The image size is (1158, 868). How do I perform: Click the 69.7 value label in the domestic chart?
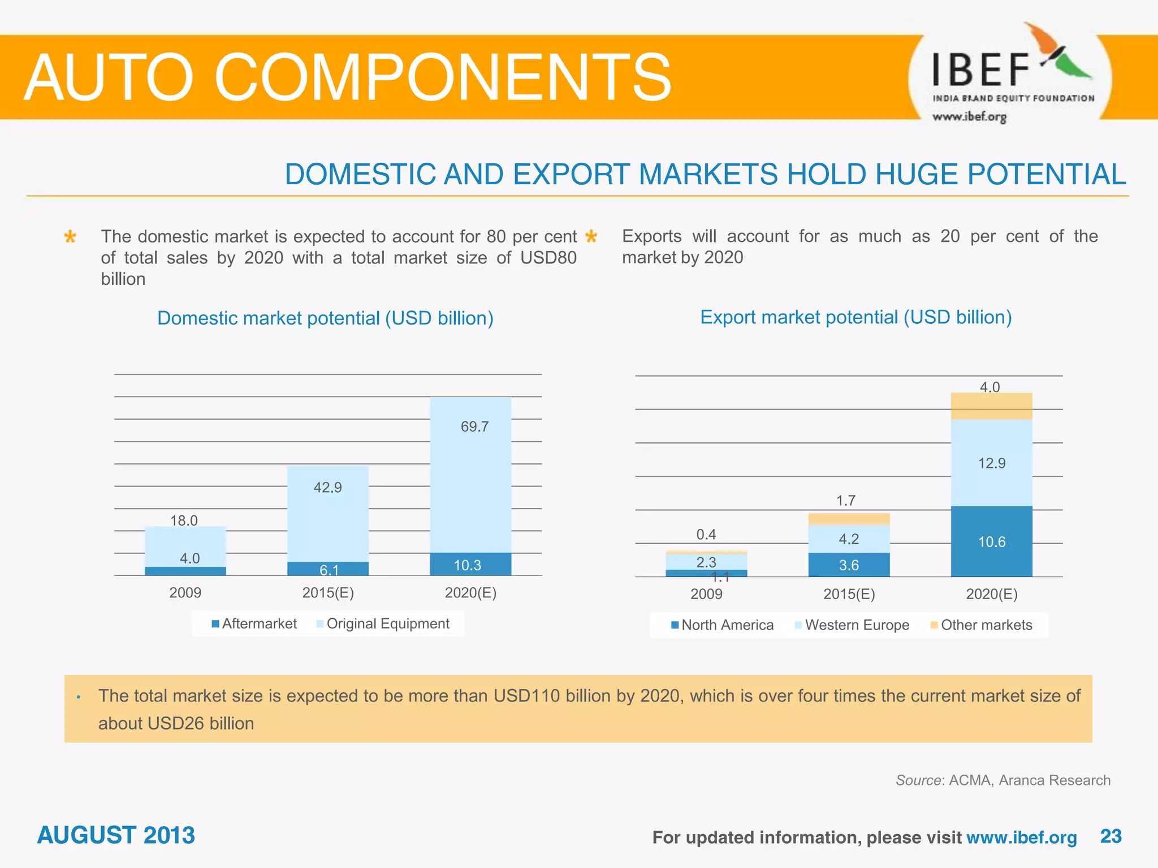[x=474, y=427]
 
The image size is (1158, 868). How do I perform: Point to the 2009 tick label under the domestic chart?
[x=185, y=593]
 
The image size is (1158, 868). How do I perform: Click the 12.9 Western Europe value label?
[x=991, y=463]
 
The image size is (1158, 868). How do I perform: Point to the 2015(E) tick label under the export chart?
[x=849, y=594]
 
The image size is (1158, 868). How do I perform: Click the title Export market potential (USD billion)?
[x=855, y=317]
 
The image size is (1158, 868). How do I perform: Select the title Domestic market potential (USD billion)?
[x=325, y=318]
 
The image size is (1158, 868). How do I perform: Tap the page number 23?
[x=1111, y=836]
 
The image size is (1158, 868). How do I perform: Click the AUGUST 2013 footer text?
[x=116, y=835]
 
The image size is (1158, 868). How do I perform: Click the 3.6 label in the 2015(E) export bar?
[x=849, y=565]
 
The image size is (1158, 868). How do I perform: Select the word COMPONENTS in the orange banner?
[x=442, y=77]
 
